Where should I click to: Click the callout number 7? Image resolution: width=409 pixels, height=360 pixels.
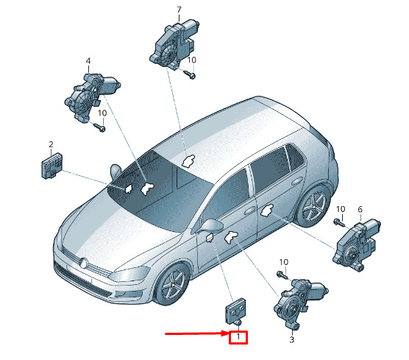tap(179, 10)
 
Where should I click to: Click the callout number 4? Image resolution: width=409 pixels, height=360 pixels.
tap(88, 61)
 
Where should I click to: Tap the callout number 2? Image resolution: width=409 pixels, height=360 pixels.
tap(51, 144)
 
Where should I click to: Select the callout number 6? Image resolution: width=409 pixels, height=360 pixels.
tap(360, 209)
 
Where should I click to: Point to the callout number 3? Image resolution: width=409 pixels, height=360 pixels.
tap(291, 339)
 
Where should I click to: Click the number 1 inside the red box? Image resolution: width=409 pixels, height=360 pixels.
tap(238, 337)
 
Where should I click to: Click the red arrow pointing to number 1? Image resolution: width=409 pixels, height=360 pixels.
tap(197, 333)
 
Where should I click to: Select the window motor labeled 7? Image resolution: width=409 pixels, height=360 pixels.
tap(174, 44)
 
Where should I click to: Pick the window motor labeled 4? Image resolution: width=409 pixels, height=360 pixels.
tap(91, 96)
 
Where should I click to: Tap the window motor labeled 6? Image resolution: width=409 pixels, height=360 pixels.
tap(356, 245)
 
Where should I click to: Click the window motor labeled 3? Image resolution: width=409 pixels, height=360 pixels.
tap(300, 303)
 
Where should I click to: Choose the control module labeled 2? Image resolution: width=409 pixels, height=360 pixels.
tap(52, 166)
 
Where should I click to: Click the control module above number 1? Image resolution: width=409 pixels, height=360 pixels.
tap(235, 312)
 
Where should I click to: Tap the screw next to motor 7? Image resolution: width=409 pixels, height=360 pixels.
tap(190, 74)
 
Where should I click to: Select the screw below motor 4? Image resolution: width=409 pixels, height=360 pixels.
tap(99, 127)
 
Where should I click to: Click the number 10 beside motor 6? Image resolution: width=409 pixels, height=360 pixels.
tap(341, 209)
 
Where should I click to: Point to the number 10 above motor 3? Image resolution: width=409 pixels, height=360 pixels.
tap(284, 262)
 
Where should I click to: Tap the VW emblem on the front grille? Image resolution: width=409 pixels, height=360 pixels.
tap(84, 263)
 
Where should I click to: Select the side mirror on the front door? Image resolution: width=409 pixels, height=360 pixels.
tap(211, 226)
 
